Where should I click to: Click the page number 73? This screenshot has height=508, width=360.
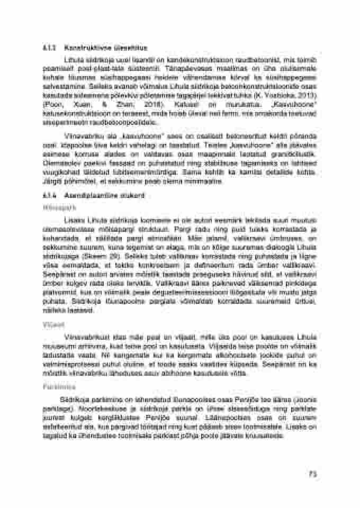pos(312,475)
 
